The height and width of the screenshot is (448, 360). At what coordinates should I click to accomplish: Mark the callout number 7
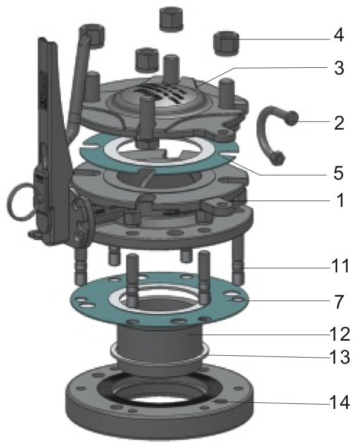tap(339, 302)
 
